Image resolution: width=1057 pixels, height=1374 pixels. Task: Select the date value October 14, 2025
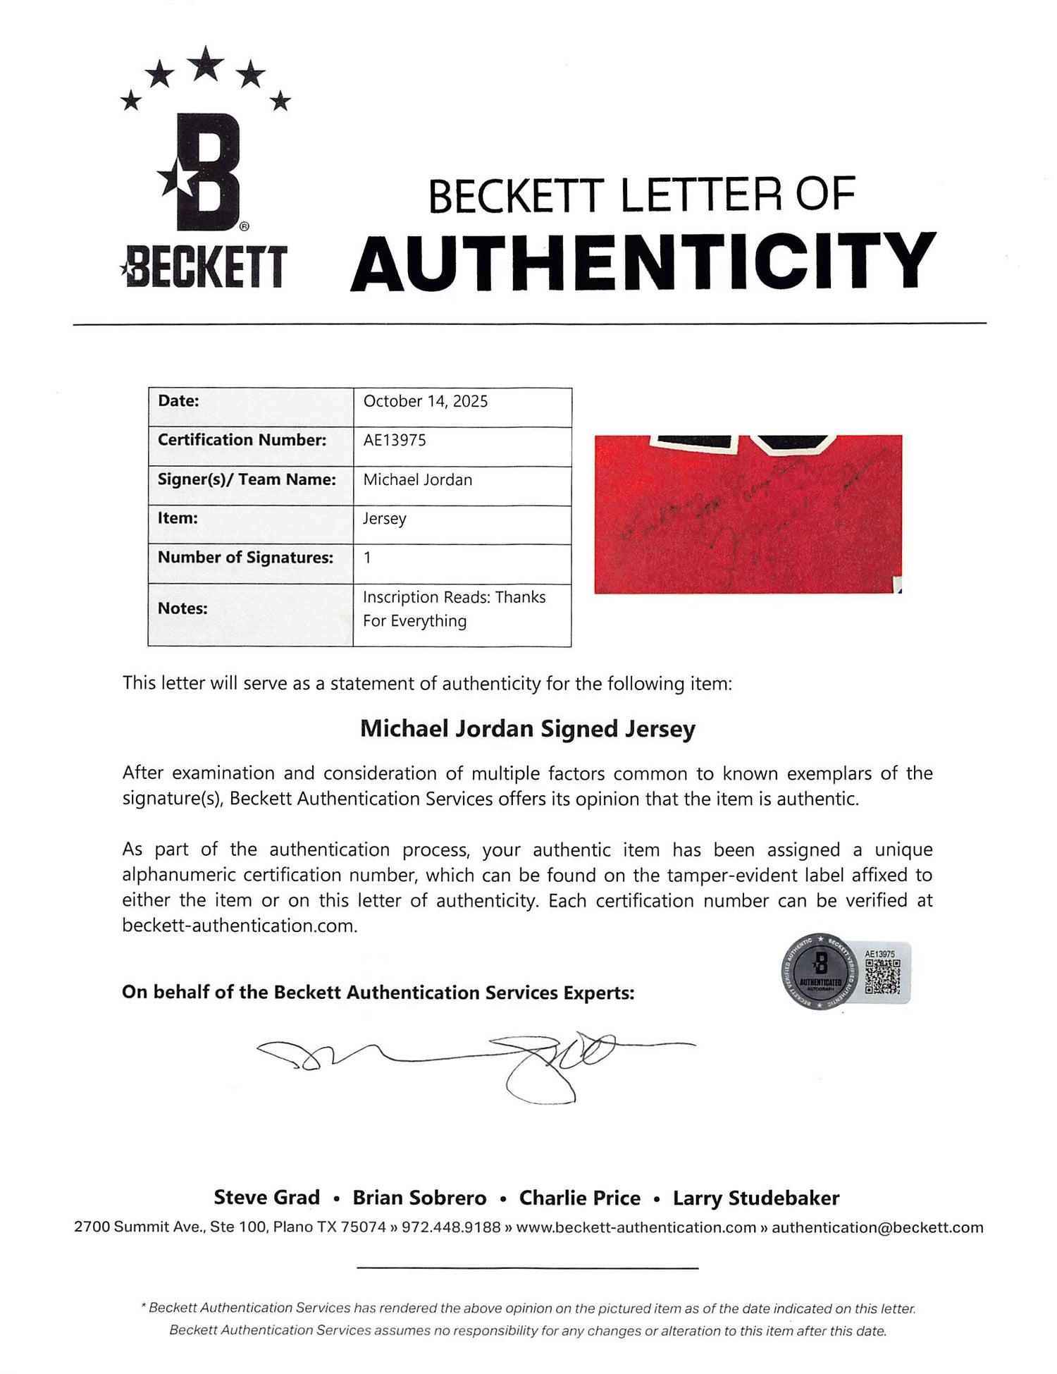(x=425, y=401)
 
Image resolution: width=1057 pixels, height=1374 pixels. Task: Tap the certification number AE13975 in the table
(x=395, y=440)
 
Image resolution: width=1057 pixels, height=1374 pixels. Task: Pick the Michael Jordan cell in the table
(x=418, y=479)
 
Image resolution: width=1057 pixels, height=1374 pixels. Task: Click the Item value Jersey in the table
(x=384, y=519)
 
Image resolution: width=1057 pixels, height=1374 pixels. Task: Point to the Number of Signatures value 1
(x=367, y=558)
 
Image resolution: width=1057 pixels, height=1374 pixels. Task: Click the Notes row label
(x=183, y=608)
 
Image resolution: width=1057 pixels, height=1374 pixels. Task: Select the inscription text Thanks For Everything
(x=454, y=609)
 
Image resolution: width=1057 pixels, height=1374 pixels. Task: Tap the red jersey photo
(x=748, y=514)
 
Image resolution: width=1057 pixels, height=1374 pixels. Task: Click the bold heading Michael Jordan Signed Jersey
(x=528, y=728)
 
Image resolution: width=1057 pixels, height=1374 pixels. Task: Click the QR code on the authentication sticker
(x=882, y=977)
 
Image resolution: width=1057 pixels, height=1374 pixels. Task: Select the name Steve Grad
(x=266, y=1198)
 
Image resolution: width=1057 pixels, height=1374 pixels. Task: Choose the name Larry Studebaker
(x=755, y=1198)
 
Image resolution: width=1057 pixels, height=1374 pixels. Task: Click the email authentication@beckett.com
(x=877, y=1227)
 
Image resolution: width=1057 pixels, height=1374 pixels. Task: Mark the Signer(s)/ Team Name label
(x=247, y=479)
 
